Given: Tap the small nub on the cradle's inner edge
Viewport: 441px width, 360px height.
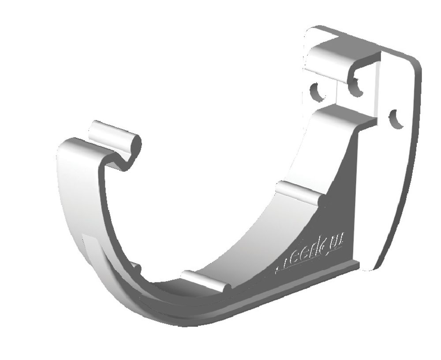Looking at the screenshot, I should pos(136,267).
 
